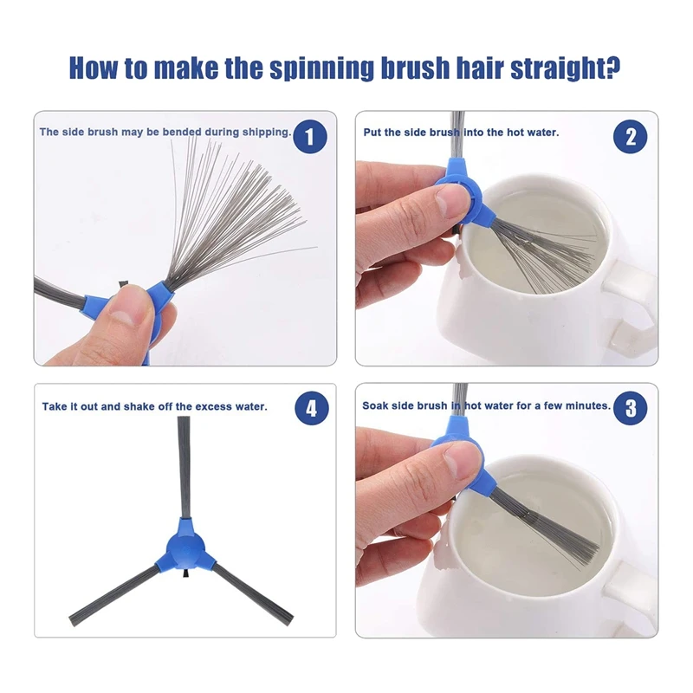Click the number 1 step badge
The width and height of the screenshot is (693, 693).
pos(310,136)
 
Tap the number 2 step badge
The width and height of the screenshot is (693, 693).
pos(631,137)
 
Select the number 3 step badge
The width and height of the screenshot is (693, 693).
pos(631,407)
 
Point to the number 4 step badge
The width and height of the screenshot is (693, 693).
pos(312,408)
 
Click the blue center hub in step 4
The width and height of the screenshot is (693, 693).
pos(185,548)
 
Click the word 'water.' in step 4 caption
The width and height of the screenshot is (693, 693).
pos(251,406)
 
